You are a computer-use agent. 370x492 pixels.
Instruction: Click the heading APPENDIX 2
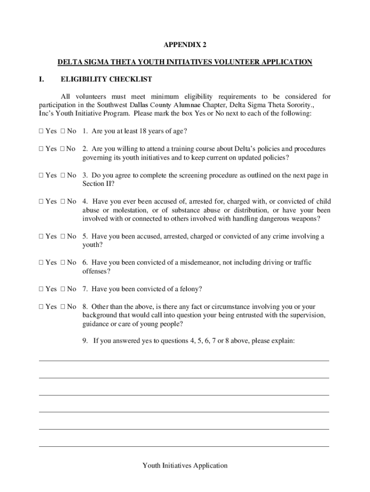coord(185,45)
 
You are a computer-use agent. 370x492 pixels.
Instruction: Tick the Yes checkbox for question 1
coord(41,131)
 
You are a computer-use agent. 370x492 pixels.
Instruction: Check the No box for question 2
coord(62,149)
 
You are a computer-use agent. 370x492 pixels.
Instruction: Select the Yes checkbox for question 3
coord(41,175)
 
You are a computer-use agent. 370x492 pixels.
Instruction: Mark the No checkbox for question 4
coord(62,202)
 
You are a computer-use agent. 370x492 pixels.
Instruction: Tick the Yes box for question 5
coord(41,236)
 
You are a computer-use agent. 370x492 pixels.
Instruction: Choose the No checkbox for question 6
coord(62,263)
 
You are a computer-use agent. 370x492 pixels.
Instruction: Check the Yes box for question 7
coord(41,289)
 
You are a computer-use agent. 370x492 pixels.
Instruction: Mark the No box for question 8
coord(62,307)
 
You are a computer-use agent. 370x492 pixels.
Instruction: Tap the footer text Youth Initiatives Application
coord(185,465)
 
